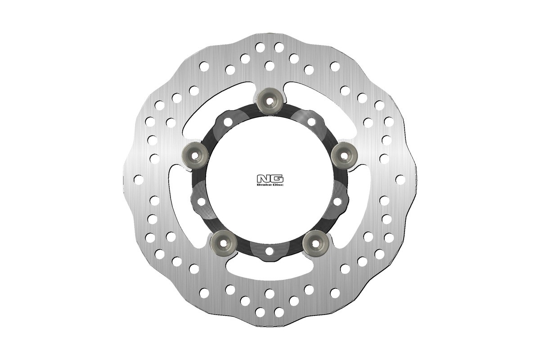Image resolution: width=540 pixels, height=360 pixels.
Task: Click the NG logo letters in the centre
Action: coord(270,178)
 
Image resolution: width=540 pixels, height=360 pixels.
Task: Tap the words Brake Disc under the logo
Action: coord(270,184)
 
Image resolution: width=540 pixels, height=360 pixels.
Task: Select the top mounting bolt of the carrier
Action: coord(270,100)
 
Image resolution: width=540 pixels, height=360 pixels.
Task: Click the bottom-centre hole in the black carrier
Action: coord(270,250)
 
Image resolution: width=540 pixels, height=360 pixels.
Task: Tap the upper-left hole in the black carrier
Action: coord(228,122)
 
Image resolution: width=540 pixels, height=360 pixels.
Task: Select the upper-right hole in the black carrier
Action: coord(311,122)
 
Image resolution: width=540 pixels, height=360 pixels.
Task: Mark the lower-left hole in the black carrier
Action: coord(201,201)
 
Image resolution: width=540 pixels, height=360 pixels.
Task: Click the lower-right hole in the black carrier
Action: coord(338,201)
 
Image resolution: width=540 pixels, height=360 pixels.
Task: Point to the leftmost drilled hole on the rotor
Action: coord(139,179)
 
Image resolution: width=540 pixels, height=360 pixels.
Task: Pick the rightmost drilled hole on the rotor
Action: coord(400,179)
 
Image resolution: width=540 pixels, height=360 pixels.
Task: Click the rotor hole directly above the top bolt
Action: coord(270,66)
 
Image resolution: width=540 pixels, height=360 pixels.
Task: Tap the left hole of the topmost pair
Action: coord(260,47)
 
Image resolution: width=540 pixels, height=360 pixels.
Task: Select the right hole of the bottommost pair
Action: coord(279,311)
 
